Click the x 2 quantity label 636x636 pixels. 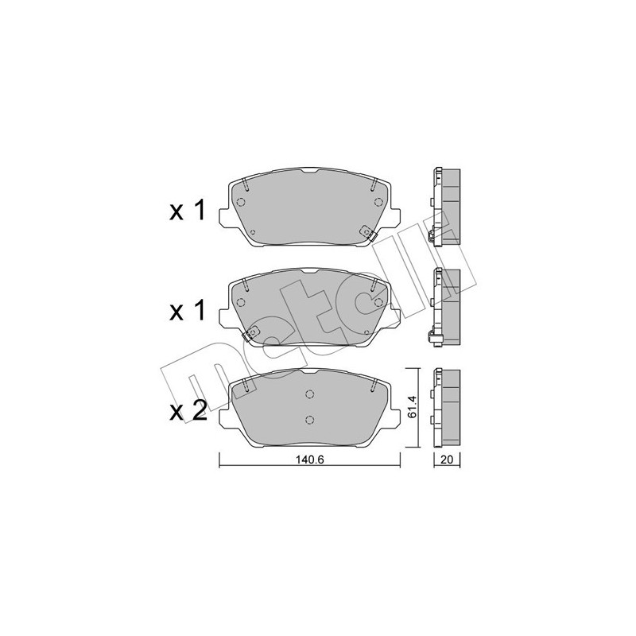(x=188, y=410)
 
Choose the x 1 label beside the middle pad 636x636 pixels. (x=188, y=311)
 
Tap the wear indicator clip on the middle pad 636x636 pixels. (x=253, y=333)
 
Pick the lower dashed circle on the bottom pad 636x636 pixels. (x=310, y=421)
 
